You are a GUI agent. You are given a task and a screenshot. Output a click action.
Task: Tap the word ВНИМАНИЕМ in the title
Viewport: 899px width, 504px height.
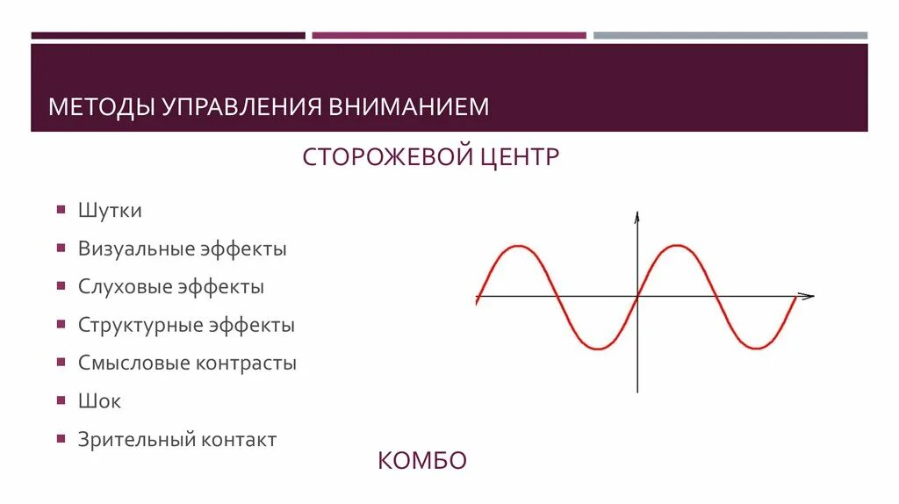pyautogui.click(x=409, y=107)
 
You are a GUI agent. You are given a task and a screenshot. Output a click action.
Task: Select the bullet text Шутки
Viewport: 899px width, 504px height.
pyautogui.click(x=110, y=211)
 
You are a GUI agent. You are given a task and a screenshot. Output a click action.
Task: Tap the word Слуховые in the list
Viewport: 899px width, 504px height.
pyautogui.click(x=125, y=286)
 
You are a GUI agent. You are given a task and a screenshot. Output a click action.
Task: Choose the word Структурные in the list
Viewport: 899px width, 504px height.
pyautogui.click(x=140, y=325)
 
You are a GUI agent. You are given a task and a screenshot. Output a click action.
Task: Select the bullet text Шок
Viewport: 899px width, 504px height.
pyautogui.click(x=99, y=401)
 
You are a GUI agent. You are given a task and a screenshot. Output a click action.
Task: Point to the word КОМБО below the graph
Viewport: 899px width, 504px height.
pyautogui.click(x=422, y=460)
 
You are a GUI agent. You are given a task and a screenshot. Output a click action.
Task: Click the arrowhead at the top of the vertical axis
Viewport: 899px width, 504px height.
pyautogui.click(x=637, y=217)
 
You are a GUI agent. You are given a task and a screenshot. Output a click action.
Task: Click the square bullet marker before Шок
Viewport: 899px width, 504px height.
pyautogui.click(x=61, y=400)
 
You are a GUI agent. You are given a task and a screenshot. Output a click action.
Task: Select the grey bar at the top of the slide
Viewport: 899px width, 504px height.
pyautogui.click(x=730, y=35)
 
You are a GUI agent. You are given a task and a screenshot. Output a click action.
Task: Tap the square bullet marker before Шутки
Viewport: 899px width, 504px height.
pyautogui.click(x=61, y=210)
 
